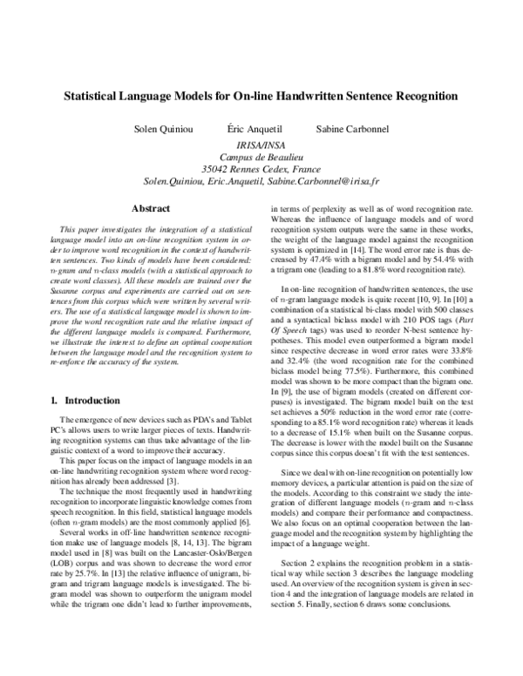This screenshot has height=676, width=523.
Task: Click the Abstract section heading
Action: point(148,209)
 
